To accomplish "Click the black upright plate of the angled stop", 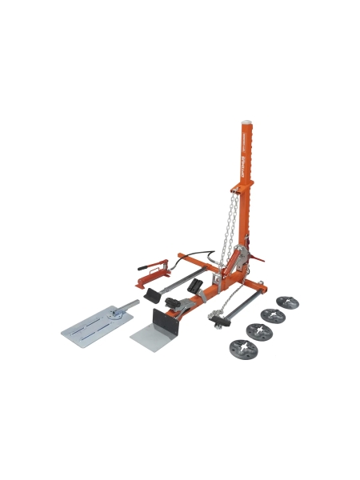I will [x=165, y=320].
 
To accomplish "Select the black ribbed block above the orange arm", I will [x=194, y=285].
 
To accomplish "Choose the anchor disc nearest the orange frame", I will [x=286, y=303].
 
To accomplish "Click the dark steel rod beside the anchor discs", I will [x=244, y=305].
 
